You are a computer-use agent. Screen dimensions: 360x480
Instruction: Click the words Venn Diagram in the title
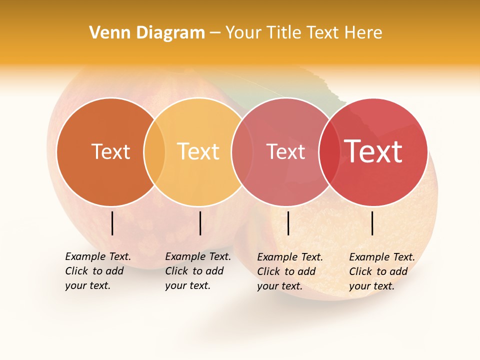(x=147, y=33)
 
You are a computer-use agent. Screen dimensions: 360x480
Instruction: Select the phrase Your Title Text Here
(x=303, y=33)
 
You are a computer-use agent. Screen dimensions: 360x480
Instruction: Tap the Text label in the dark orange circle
(x=110, y=151)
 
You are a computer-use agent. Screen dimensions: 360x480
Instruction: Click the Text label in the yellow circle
(x=198, y=151)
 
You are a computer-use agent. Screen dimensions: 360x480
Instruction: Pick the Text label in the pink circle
(x=285, y=151)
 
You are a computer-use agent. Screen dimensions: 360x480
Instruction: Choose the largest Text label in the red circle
(x=373, y=151)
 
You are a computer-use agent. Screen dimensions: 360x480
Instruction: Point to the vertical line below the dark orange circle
(x=112, y=223)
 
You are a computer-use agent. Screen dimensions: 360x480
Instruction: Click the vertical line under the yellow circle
(x=200, y=223)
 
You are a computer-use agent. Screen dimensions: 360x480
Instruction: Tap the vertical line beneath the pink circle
(x=288, y=223)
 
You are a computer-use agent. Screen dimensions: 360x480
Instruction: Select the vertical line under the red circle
(x=372, y=223)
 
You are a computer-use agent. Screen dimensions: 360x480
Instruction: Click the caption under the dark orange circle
(x=98, y=271)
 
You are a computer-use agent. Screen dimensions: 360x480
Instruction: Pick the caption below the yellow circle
(x=198, y=271)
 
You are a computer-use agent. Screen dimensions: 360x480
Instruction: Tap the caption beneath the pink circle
(x=290, y=271)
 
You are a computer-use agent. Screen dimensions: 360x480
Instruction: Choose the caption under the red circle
(x=382, y=271)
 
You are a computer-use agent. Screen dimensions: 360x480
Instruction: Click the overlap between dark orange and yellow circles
(x=154, y=151)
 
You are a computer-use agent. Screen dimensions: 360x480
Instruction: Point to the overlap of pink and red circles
(x=327, y=151)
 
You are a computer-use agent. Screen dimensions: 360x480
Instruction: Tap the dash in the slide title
(x=215, y=33)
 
